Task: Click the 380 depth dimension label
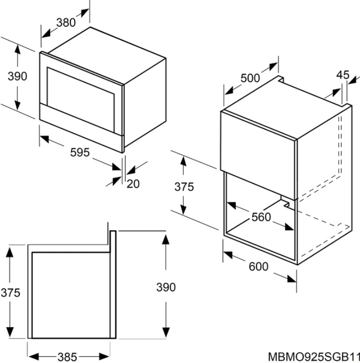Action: coord(66,23)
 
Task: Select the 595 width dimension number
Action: coord(80,152)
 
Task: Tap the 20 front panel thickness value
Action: coord(133,184)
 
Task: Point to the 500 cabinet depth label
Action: coord(250,78)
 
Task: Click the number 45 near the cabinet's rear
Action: coord(343,75)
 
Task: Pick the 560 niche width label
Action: coord(261,217)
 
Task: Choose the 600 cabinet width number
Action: coord(258,266)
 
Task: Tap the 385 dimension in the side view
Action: coord(67,357)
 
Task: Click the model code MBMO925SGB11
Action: coord(314,357)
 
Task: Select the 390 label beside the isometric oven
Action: coord(17,76)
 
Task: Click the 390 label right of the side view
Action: coord(166,287)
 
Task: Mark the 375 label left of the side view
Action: coord(10,293)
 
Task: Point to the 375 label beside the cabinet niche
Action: coord(184,187)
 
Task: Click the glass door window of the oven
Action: coord(80,98)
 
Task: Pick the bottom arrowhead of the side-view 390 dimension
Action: coord(166,333)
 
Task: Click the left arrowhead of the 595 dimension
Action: coord(44,138)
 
